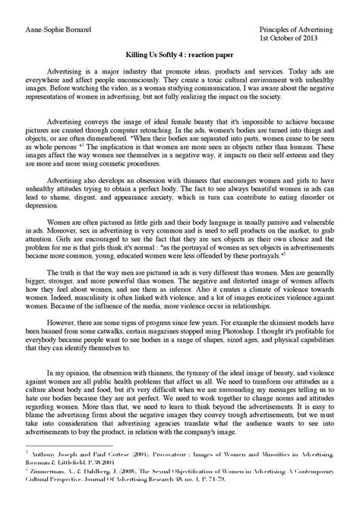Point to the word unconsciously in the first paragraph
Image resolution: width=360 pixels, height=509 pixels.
153,85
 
